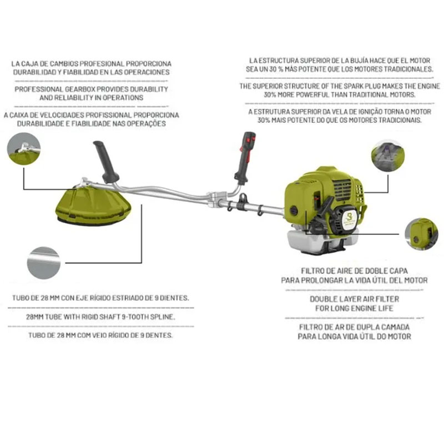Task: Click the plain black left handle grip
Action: (x=106, y=162)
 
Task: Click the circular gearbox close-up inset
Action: (x=24, y=149)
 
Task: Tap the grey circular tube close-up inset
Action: (x=44, y=263)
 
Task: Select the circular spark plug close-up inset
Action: (x=387, y=155)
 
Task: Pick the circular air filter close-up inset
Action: (x=421, y=234)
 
